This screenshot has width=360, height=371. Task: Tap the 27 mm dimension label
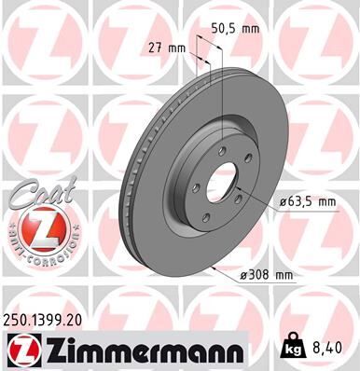pyautogui.click(x=169, y=47)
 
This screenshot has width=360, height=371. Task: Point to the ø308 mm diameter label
pyautogui.click(x=268, y=274)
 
